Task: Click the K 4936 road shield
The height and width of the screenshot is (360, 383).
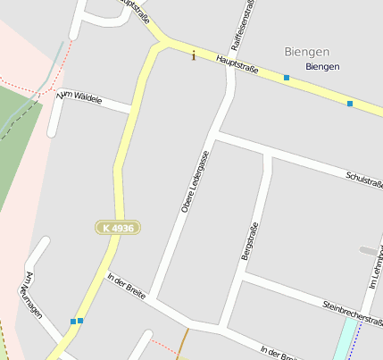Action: [118, 229]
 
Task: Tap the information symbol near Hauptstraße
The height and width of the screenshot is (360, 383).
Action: [194, 56]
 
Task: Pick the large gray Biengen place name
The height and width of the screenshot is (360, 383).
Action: [306, 51]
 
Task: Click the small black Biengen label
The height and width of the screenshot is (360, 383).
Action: [321, 67]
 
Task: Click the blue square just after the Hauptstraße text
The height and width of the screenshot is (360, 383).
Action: [287, 79]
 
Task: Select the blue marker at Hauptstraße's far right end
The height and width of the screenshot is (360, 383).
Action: [350, 105]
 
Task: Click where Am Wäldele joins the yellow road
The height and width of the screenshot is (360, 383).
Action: [134, 110]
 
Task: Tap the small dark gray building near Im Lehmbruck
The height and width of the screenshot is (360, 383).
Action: [367, 250]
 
